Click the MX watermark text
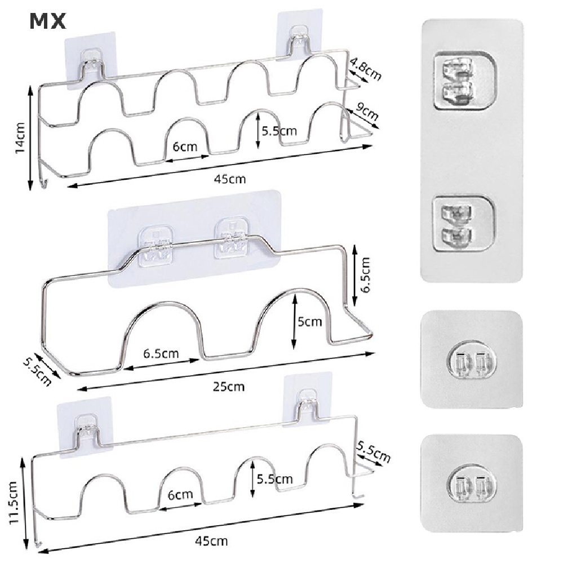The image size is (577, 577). pos(47,21)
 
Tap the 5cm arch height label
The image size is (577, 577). pos(309,322)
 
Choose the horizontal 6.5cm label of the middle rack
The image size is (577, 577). pos(161,354)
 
